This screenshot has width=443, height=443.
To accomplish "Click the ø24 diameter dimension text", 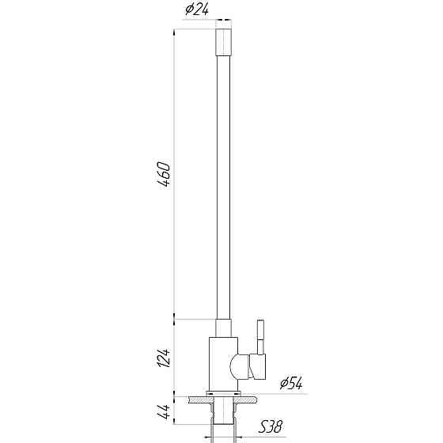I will (197, 9).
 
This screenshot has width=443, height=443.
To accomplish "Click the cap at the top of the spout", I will (223, 40).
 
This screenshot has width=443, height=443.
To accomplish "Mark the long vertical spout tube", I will (223, 182).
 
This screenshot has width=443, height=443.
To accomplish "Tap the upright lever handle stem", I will (258, 337).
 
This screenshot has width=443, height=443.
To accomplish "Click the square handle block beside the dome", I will (257, 366).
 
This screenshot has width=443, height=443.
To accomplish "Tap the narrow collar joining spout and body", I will (223, 328).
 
